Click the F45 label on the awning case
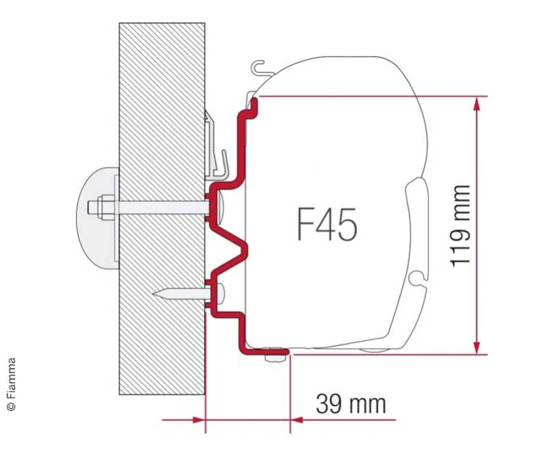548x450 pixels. (327, 224)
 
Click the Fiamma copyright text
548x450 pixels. (11, 384)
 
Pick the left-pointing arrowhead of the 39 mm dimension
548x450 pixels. (297, 420)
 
